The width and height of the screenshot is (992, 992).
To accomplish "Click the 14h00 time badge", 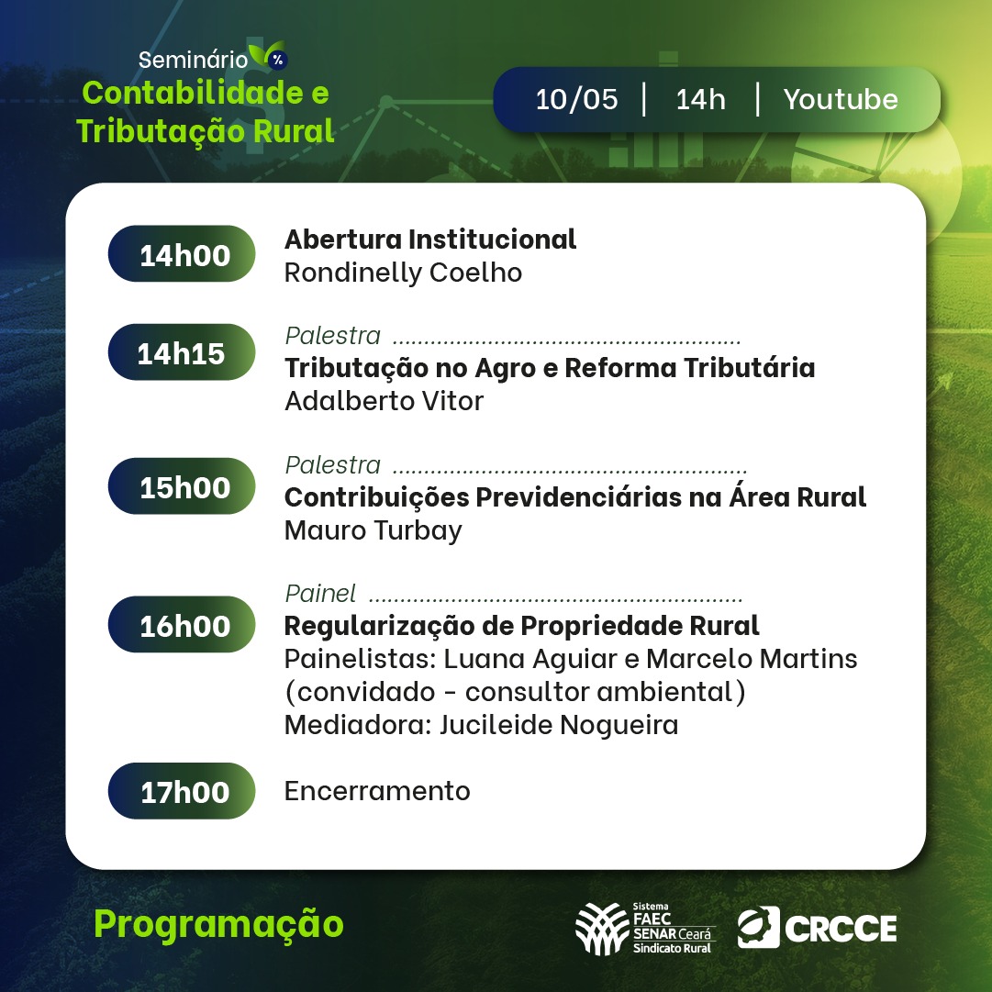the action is click(x=182, y=253).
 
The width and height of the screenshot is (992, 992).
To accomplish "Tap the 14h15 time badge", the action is click(x=182, y=352).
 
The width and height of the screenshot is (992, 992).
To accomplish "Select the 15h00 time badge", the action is click(x=182, y=485).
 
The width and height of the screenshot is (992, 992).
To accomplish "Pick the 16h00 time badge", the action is click(x=182, y=624).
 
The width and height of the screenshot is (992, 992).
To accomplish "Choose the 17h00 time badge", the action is click(x=182, y=791).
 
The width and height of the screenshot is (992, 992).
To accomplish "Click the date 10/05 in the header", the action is click(x=576, y=99).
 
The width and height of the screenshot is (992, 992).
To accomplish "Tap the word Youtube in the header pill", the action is click(x=841, y=99).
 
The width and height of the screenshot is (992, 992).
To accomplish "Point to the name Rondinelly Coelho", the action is click(x=403, y=273).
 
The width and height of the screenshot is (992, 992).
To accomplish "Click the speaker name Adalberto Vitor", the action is click(x=384, y=401).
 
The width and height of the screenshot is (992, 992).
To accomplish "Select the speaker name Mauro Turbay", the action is click(x=373, y=530).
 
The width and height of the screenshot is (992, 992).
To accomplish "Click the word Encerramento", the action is click(x=377, y=791).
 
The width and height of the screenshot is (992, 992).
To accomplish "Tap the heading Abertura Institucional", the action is click(x=430, y=240).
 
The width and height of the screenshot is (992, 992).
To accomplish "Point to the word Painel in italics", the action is click(x=320, y=594).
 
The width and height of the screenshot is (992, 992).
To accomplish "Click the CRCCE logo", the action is click(x=817, y=928).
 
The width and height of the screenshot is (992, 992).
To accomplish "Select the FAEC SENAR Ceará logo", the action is click(x=645, y=928).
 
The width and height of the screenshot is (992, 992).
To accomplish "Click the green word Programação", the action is click(x=218, y=925).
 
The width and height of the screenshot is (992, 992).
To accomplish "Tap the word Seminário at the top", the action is click(x=193, y=60).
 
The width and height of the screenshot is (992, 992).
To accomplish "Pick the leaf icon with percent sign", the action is click(x=268, y=54).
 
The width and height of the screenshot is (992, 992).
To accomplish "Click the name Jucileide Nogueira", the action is click(x=559, y=725).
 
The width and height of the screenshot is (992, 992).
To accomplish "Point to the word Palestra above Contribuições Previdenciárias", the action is click(x=333, y=465).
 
